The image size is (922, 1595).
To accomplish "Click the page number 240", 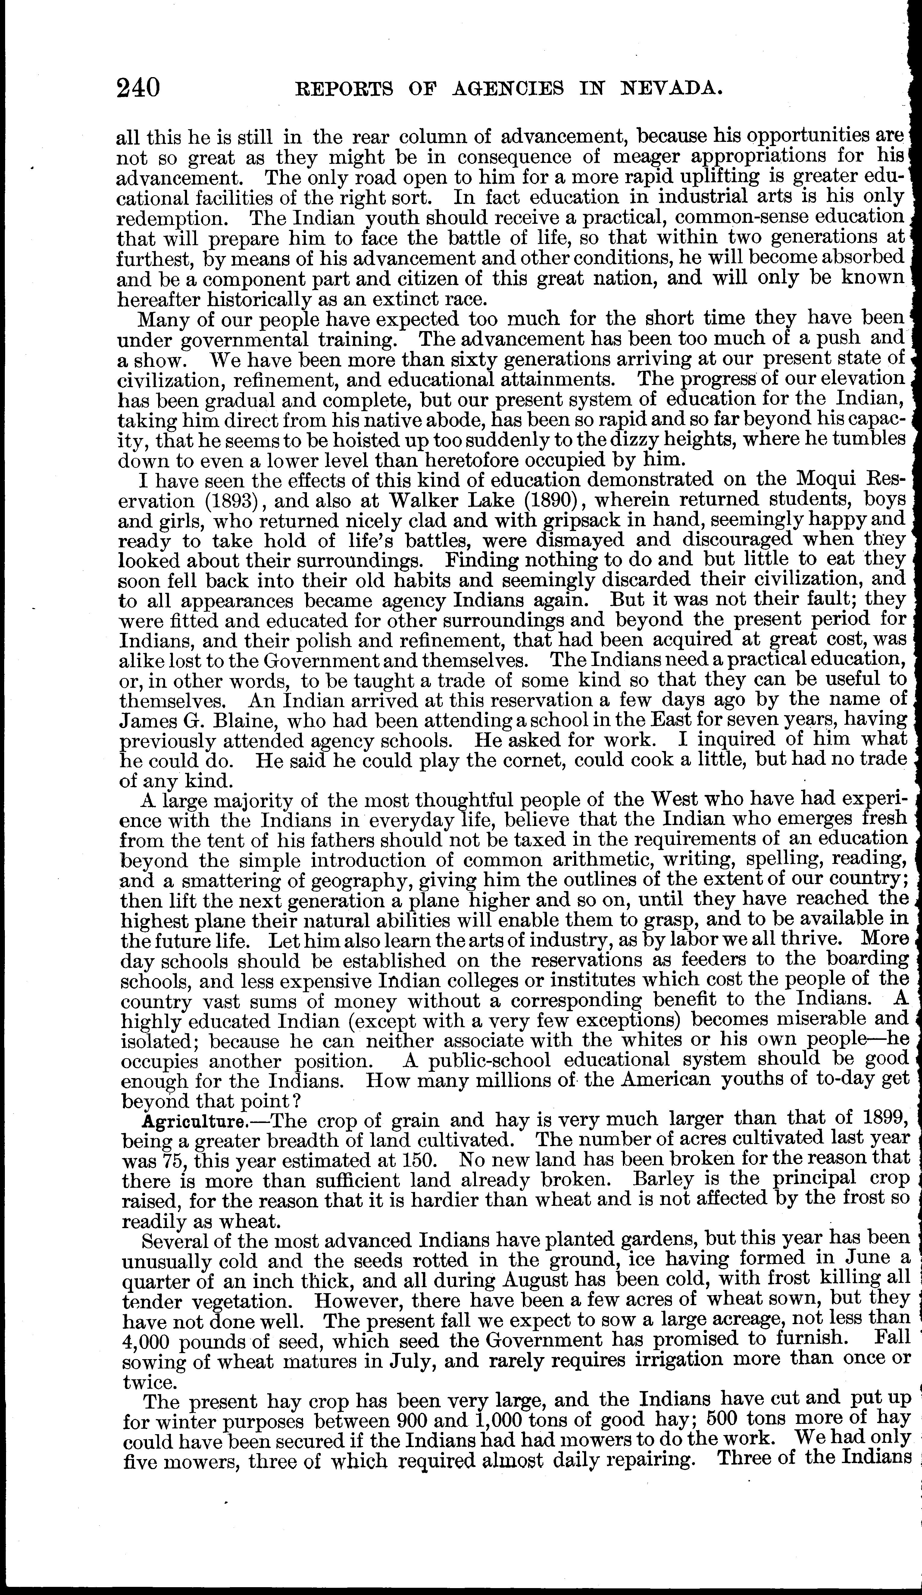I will [x=138, y=87].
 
